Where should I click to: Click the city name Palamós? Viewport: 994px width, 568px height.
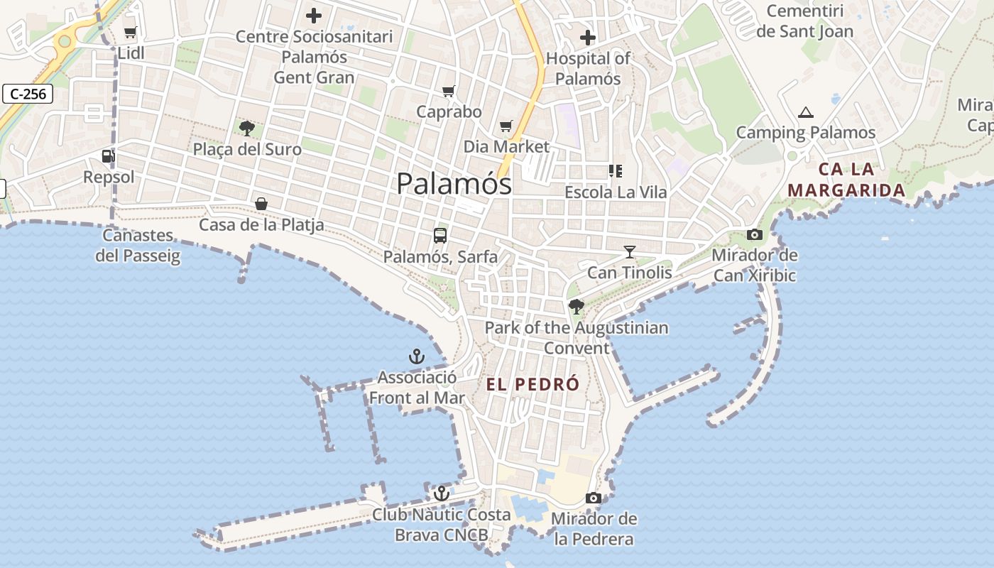[454, 184]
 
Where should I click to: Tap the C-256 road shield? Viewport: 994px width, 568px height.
[28, 94]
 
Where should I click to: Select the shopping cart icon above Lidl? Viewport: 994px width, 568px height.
[130, 32]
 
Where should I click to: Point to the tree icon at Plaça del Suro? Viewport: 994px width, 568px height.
[247, 129]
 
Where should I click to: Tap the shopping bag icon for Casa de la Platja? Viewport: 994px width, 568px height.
[261, 204]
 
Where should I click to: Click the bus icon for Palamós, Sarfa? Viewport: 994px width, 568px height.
[440, 235]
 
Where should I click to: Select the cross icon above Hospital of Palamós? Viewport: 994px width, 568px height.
[588, 37]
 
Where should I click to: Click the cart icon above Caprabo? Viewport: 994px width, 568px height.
[448, 91]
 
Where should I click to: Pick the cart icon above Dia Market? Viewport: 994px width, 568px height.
[506, 126]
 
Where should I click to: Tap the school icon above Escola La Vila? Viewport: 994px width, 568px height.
[615, 170]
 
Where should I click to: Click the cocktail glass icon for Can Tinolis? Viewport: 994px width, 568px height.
[629, 251]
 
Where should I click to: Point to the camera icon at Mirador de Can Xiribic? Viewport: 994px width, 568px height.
[754, 234]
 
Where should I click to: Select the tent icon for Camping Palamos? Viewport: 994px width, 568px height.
[805, 111]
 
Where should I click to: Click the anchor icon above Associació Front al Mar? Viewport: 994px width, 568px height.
[417, 356]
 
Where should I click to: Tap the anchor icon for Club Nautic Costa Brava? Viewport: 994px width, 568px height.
[442, 493]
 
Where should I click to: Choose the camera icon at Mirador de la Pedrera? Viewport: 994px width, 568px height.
[594, 498]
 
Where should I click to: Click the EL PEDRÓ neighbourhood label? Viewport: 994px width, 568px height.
[533, 385]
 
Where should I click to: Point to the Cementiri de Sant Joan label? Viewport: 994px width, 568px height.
[805, 21]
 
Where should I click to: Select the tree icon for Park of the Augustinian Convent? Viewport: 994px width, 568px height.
[577, 307]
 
